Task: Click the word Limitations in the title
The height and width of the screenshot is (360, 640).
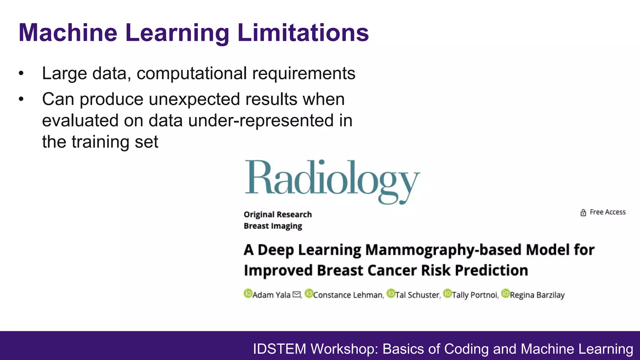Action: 303,32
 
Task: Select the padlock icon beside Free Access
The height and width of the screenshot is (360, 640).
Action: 583,212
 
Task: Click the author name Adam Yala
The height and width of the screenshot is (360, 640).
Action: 271,295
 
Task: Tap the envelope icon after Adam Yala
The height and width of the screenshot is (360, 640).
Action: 296,294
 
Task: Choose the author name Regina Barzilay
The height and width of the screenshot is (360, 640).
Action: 537,295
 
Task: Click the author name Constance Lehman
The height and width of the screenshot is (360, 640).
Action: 347,295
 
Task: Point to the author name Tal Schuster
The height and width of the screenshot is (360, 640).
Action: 417,295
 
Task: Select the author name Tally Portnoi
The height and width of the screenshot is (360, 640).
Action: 475,295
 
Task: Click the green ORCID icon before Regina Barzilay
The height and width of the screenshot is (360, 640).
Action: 505,293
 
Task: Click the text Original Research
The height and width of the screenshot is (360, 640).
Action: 277,214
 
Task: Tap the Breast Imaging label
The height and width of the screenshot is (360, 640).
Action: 273,226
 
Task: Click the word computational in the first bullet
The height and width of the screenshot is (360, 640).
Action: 192,74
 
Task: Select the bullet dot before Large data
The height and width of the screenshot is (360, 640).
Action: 21,74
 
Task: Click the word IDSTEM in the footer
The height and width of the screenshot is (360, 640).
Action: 279,349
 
